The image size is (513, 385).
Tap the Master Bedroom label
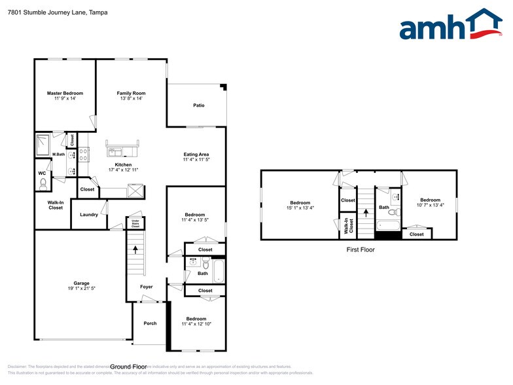point(65,93)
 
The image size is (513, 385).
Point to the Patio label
point(198,105)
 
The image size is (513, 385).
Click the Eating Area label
point(196,155)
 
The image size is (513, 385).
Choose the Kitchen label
point(123,164)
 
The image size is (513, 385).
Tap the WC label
point(41,174)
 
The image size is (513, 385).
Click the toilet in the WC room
point(42,185)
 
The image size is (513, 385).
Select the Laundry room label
point(89,215)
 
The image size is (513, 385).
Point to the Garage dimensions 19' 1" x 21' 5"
point(82,289)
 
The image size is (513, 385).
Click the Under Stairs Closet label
point(135,224)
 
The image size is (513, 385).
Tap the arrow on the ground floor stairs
point(135,249)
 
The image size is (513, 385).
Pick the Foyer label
point(147,287)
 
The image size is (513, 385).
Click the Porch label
point(150,323)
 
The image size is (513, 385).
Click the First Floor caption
point(359,249)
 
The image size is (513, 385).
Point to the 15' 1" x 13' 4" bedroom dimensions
point(300,208)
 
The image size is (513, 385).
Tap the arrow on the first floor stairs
point(365,212)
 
